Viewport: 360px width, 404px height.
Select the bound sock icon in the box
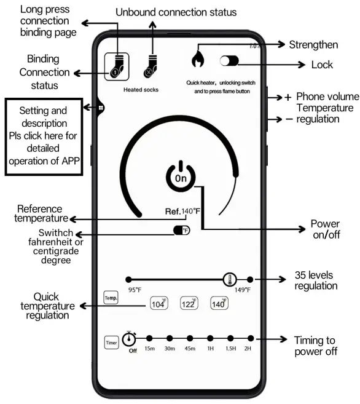115,64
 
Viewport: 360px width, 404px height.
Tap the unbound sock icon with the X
149,64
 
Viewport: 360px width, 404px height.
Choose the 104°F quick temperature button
159,303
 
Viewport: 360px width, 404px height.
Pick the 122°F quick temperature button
189,303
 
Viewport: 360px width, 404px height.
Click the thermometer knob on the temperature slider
230,279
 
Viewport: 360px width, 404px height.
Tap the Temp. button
111,298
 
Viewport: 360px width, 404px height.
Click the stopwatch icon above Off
130,339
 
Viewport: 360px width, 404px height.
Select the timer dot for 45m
190,338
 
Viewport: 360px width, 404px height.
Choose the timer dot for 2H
251,338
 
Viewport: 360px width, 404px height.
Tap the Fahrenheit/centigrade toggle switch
181,230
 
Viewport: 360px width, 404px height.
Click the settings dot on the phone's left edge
100,108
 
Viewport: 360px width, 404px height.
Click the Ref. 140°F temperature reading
182,212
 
